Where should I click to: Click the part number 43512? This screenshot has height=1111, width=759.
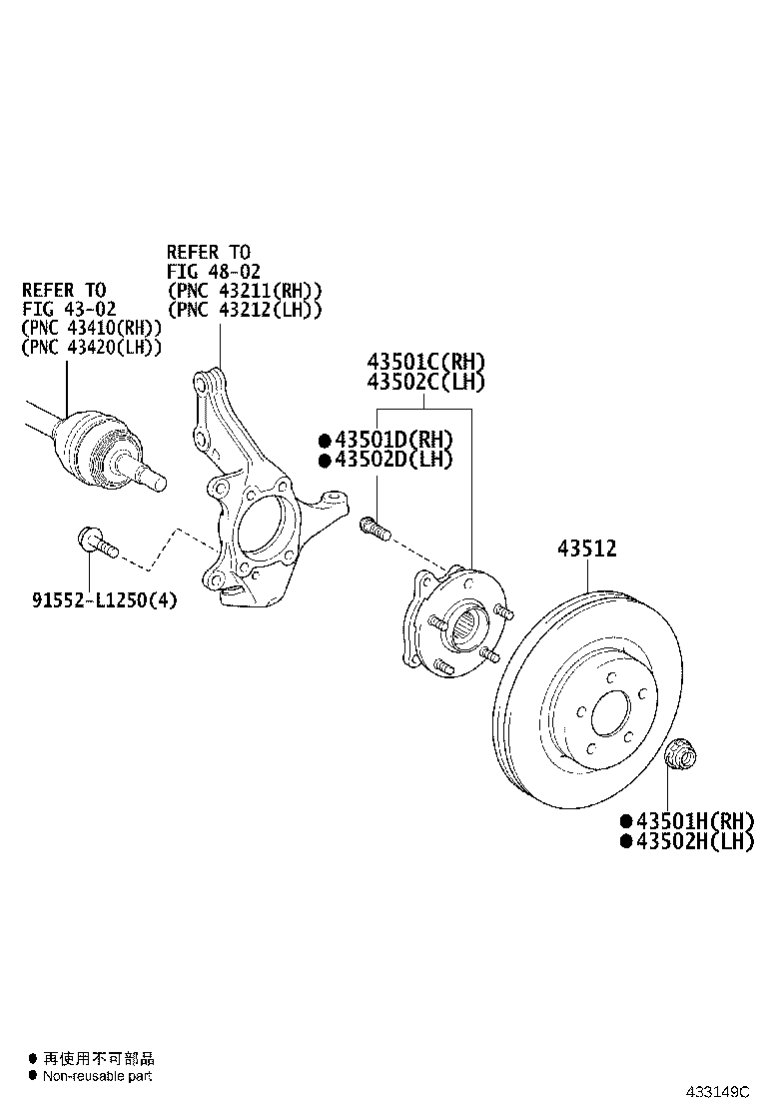coord(586,549)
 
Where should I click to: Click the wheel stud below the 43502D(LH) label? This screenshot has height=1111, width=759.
coord(375,526)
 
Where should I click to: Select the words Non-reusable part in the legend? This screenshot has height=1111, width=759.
coord(97,1076)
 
